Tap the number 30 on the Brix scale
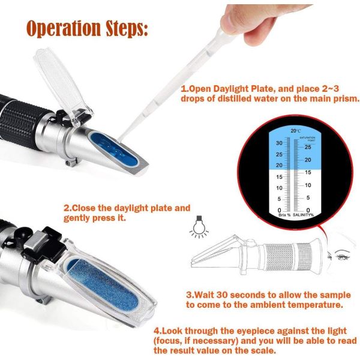[x=279, y=143]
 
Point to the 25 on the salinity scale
[x=308, y=146]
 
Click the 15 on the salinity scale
[x=308, y=172]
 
